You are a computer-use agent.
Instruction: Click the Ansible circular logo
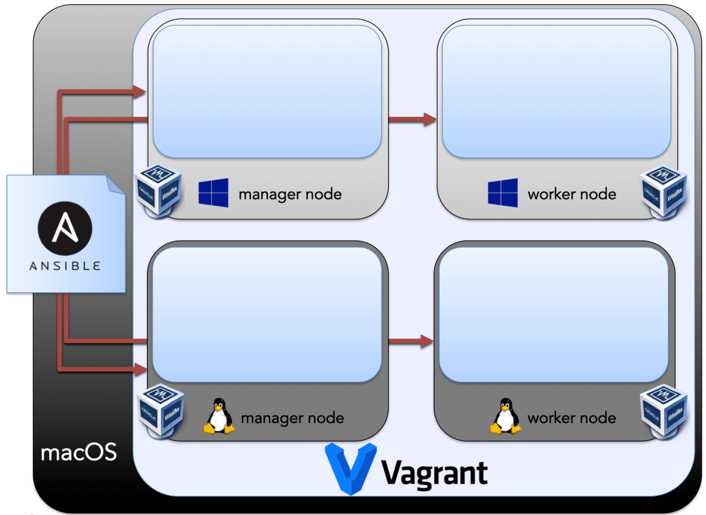[65, 228]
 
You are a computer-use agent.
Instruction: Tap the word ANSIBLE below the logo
[65, 266]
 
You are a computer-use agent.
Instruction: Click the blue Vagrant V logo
[351, 468]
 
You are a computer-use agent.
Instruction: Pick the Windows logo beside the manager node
[213, 193]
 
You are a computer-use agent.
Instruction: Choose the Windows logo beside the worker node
[503, 193]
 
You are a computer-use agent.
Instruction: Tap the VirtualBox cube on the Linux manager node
[160, 411]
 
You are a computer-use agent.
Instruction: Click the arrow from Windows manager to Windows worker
[412, 119]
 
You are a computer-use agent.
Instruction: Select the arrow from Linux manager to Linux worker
[411, 341]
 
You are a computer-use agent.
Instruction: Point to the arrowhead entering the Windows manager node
[139, 92]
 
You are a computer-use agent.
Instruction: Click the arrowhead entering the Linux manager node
[140, 369]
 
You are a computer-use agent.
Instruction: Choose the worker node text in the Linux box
[572, 418]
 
